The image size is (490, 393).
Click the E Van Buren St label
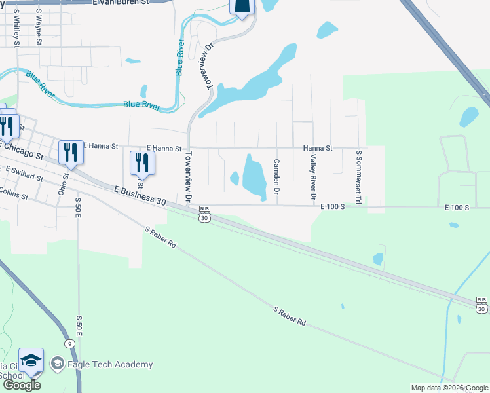tap(121, 3)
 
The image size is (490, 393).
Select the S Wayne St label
tap(39, 27)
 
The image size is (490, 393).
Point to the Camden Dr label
tap(276, 176)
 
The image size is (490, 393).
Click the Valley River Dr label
tap(313, 178)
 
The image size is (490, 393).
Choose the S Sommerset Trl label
tap(358, 177)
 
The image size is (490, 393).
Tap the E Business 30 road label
tap(140, 196)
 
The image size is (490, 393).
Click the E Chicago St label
tap(22, 152)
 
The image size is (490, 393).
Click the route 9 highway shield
tap(69, 343)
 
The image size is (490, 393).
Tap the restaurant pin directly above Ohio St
tap(69, 153)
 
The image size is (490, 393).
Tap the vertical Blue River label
tap(179, 57)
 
